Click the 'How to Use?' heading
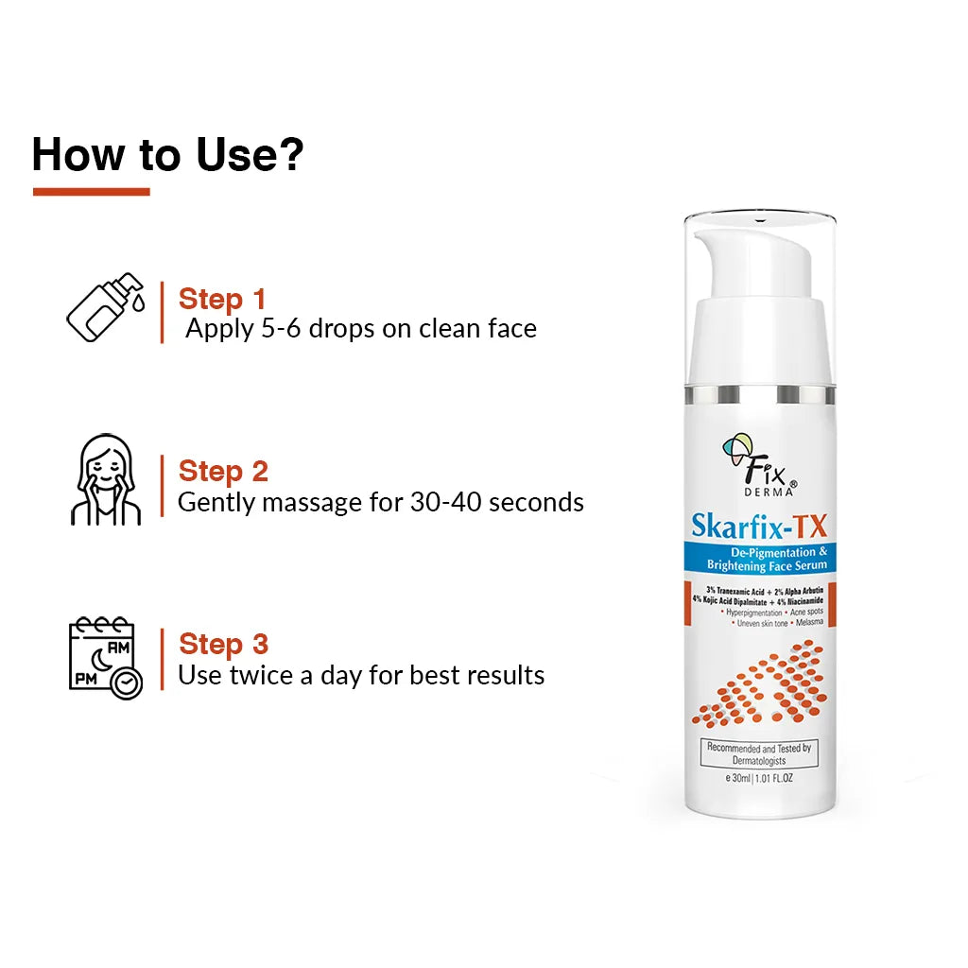(x=168, y=153)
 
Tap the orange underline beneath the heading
(x=91, y=191)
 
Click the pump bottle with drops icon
(x=105, y=307)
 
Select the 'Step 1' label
(x=222, y=299)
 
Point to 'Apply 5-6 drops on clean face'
(x=361, y=329)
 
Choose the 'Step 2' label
(x=223, y=471)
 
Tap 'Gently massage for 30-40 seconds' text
(x=380, y=502)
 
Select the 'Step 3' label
(x=223, y=644)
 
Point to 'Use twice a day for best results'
(x=361, y=675)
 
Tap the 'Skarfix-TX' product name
(x=759, y=525)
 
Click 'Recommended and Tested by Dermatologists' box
(x=759, y=753)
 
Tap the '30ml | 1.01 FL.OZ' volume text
(x=759, y=778)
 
